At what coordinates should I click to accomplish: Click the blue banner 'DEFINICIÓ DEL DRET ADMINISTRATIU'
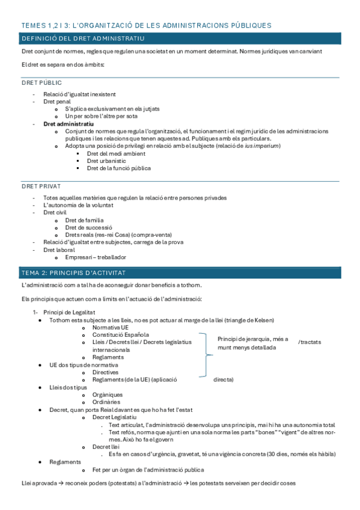[x=82, y=39]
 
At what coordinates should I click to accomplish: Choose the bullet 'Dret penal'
[x=56, y=102]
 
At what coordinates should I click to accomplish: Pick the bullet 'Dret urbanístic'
[x=106, y=161]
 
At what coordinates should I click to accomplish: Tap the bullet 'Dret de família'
[x=88, y=220]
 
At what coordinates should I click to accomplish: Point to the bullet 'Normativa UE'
[x=112, y=327]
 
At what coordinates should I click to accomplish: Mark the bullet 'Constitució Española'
[x=121, y=334]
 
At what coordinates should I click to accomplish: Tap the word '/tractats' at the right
[x=310, y=342]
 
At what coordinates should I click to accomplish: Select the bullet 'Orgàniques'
[x=109, y=395]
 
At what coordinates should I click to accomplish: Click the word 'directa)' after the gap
[x=224, y=379]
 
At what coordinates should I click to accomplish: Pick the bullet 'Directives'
[x=107, y=372]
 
